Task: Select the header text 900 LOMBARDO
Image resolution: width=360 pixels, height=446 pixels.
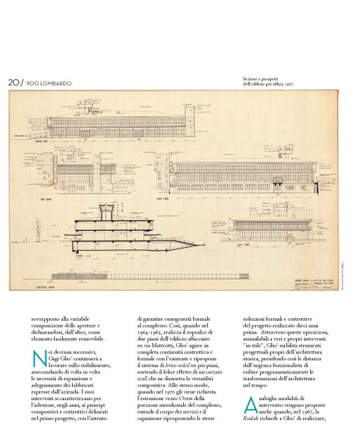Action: pyautogui.click(x=49, y=83)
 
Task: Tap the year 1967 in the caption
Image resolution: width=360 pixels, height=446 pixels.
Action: pyautogui.click(x=287, y=84)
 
